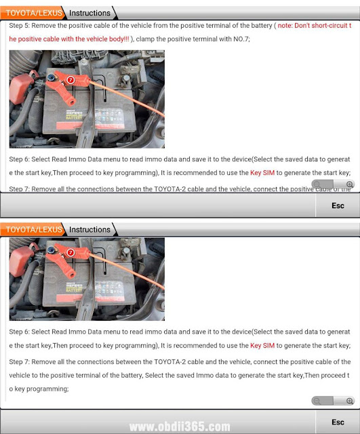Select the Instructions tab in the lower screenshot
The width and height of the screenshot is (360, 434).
(x=89, y=230)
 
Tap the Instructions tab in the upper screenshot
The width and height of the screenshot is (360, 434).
(x=89, y=13)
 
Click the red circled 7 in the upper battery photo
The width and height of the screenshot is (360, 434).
(x=71, y=80)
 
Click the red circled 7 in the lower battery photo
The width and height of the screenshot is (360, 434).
(x=71, y=252)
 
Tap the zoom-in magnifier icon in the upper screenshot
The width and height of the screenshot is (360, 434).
(x=350, y=184)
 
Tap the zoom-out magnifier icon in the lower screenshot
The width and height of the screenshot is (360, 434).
(x=317, y=401)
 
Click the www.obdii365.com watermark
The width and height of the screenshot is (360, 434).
(x=180, y=427)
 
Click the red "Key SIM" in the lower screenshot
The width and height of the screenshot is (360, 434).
(x=262, y=346)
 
